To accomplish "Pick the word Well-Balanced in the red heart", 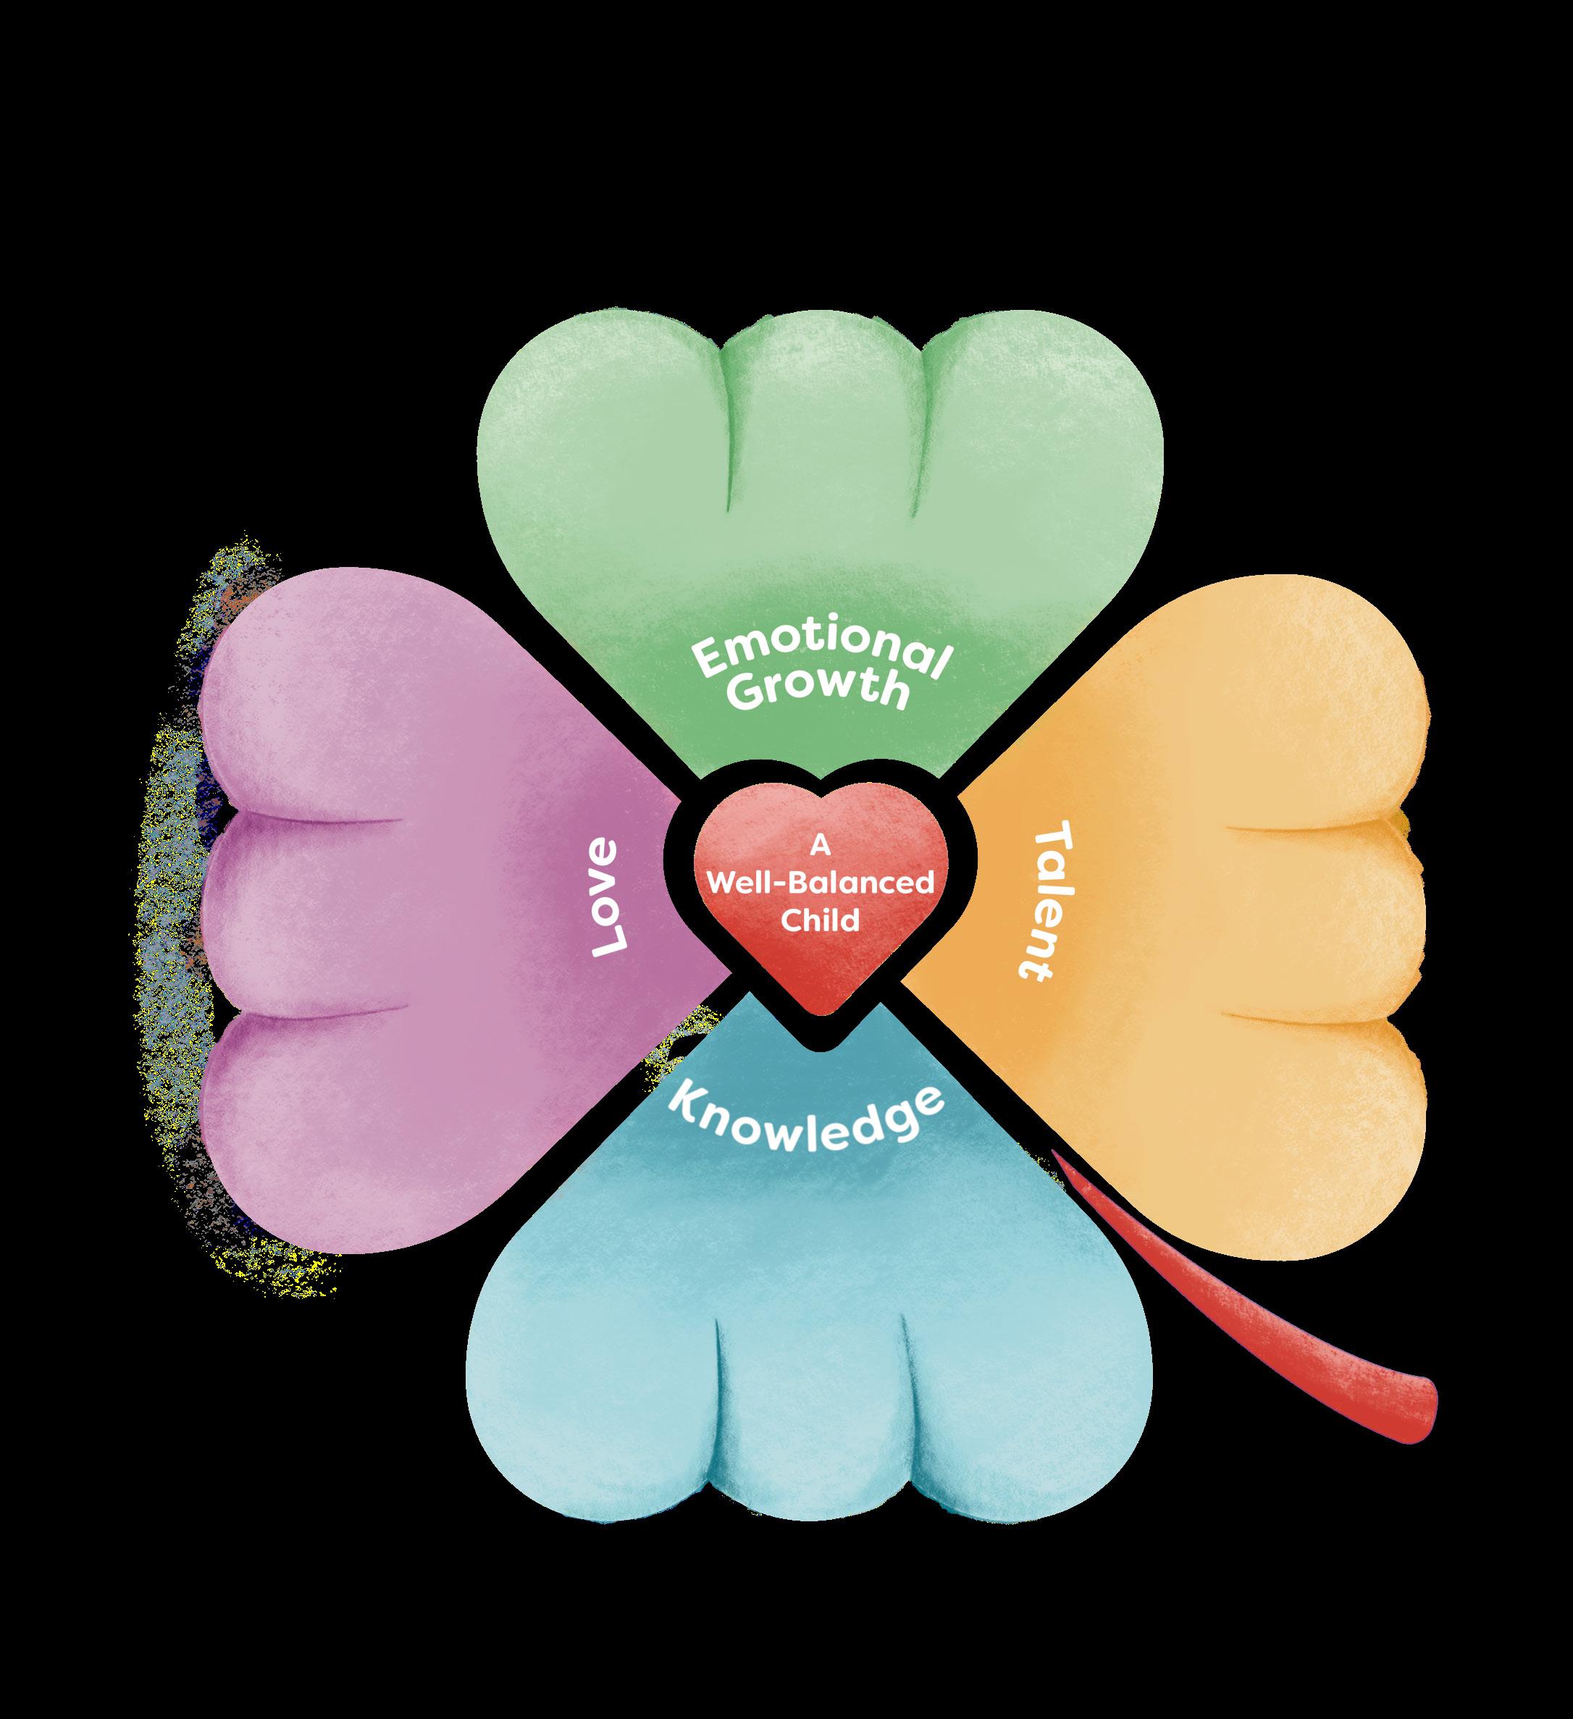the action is (x=820, y=883).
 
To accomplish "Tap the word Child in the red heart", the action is (x=820, y=921).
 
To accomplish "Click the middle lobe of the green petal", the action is (x=821, y=409).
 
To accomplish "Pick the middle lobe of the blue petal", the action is (x=810, y=1450).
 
